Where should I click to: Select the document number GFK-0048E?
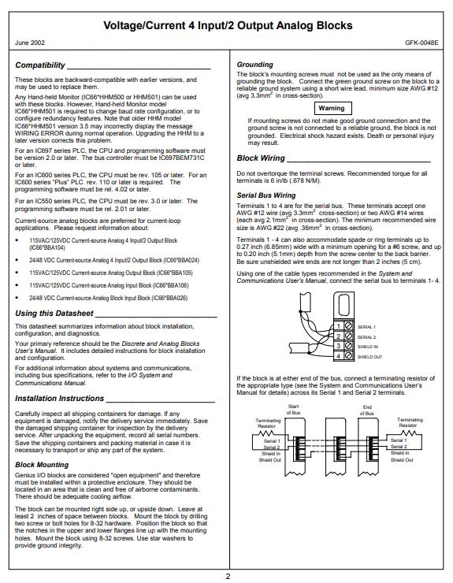tap(421, 43)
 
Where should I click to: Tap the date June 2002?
tap(30, 43)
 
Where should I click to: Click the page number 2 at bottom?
tap(228, 577)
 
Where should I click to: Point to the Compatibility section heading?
tap(40, 65)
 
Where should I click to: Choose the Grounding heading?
tap(254, 65)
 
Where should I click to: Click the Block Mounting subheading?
tap(42, 465)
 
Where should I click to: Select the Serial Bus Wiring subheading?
tap(266, 195)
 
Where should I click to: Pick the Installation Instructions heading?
tap(60, 398)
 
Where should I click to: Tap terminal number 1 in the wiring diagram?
tap(339, 326)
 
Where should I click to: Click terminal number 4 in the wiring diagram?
tap(339, 356)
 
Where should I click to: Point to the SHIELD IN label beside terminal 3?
tap(368, 347)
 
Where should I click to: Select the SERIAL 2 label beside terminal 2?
tap(366, 337)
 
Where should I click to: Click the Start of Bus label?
tap(293, 410)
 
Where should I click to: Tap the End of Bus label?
tap(367, 410)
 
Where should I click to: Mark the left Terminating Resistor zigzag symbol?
tap(266, 433)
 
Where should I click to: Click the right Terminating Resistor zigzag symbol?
tap(408, 433)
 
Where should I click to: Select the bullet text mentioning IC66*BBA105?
tap(111, 273)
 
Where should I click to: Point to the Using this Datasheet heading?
tap(54, 314)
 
